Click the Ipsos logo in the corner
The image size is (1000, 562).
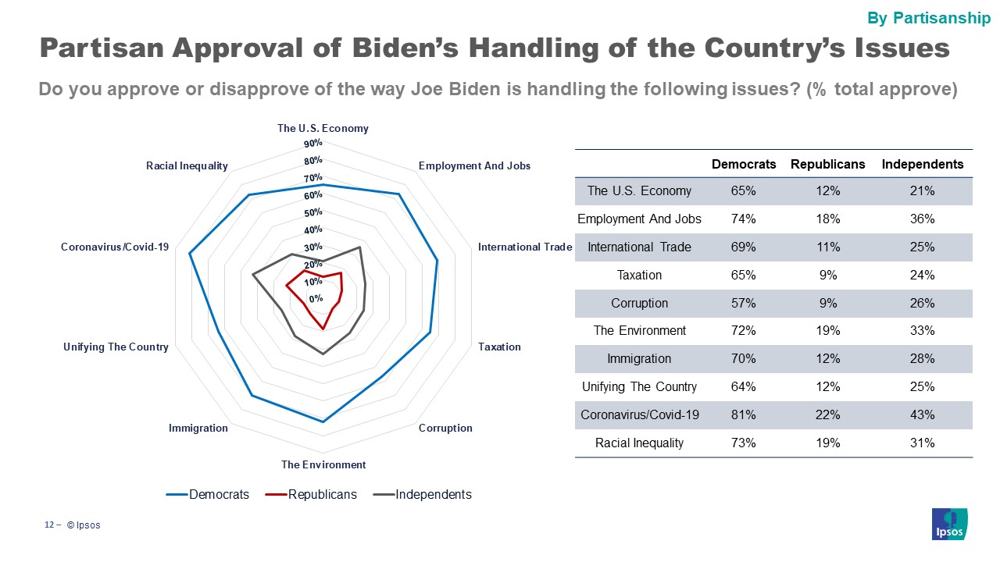point(949,523)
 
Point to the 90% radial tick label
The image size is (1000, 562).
point(313,144)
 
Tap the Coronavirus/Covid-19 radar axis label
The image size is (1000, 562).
point(115,247)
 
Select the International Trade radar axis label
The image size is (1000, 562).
point(525,247)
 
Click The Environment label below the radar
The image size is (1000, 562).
point(323,464)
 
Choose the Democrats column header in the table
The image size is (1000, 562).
point(744,164)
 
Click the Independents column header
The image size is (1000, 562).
point(922,164)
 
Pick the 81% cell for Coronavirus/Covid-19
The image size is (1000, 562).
point(744,414)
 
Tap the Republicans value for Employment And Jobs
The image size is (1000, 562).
point(828,219)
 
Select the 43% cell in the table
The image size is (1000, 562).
point(922,414)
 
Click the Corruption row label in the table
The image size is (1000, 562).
point(639,303)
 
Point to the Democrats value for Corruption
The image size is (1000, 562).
point(744,303)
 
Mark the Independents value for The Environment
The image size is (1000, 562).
point(922,331)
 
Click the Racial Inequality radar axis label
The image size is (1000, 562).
point(187,165)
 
